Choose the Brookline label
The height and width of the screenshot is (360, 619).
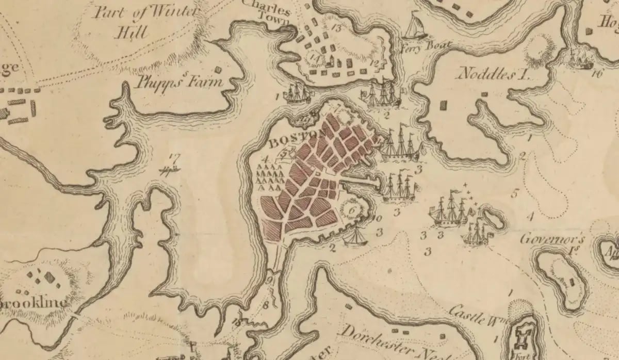click(x=34, y=303)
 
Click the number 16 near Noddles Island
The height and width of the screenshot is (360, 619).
click(x=598, y=73)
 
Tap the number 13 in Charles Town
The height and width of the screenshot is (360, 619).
click(x=337, y=27)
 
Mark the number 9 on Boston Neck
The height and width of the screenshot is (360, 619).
click(x=270, y=281)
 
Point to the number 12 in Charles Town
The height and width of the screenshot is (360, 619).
click(x=375, y=63)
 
